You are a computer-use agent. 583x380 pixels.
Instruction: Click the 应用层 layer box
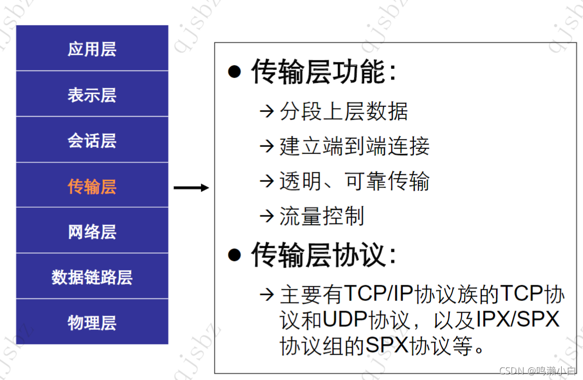pos(92,49)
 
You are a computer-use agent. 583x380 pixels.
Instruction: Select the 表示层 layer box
pos(92,95)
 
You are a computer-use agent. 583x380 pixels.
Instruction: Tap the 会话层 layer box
pos(92,140)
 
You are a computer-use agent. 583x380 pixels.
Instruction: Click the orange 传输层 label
pos(92,186)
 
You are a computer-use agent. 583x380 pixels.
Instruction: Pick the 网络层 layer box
pos(92,232)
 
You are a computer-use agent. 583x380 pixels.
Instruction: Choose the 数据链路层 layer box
pos(92,277)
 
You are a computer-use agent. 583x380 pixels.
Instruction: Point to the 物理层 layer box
pos(92,323)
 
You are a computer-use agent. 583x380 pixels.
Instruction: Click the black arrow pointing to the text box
pos(191,188)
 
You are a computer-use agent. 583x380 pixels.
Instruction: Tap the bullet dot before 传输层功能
pos(234,72)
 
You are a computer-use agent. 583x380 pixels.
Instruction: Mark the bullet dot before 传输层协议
pos(234,254)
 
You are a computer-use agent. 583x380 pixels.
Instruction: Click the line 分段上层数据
pos(343,111)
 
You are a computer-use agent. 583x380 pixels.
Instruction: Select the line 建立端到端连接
pos(354,146)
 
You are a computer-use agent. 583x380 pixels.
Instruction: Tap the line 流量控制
pos(321,216)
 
